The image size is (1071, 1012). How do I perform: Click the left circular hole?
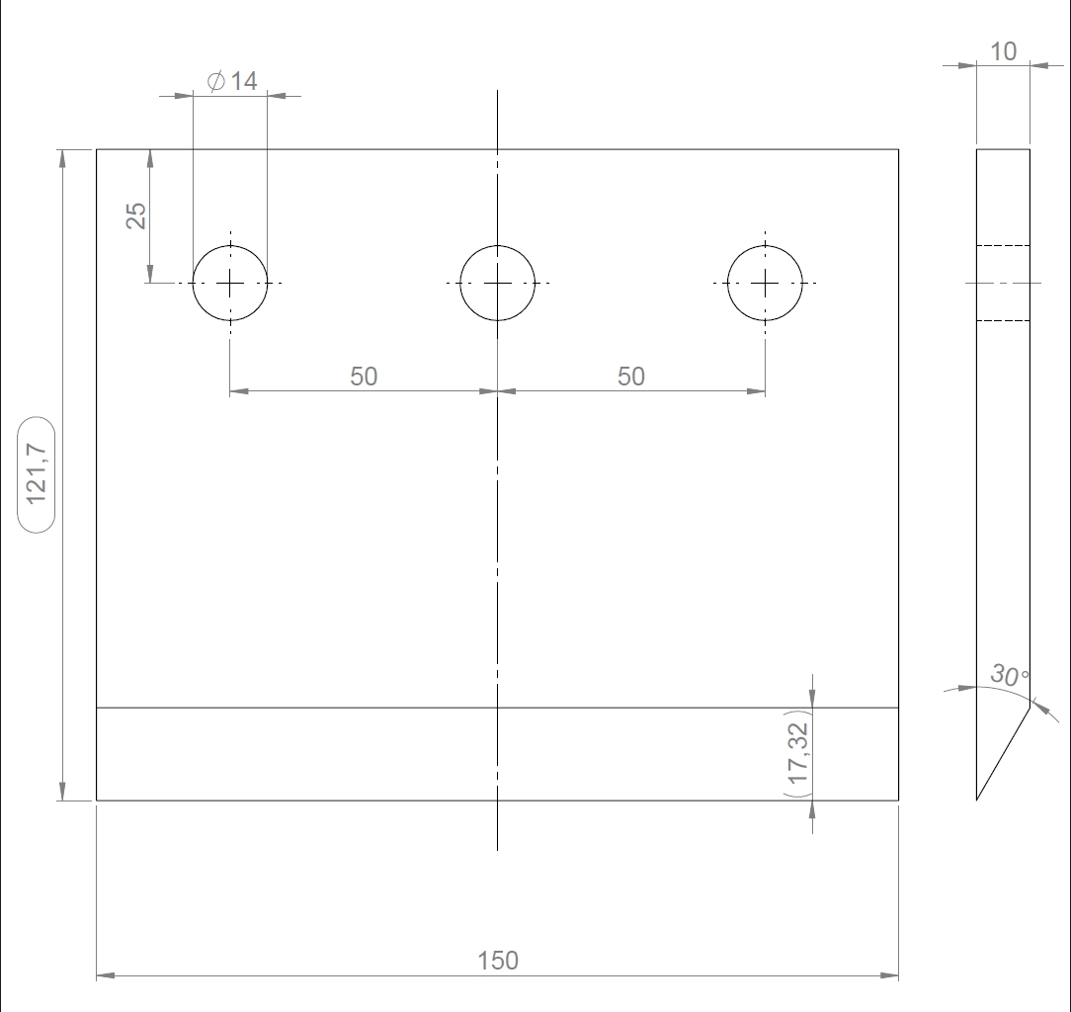[x=230, y=283]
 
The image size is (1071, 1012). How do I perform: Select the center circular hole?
[x=497, y=283]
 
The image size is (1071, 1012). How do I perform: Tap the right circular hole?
[x=765, y=283]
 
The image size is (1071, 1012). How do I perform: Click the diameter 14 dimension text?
[x=232, y=81]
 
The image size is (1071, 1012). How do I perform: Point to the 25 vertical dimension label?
[x=136, y=215]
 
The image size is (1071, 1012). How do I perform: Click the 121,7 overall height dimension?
[x=37, y=473]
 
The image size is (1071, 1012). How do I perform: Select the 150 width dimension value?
[x=497, y=961]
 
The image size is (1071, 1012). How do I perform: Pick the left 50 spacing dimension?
[x=364, y=377]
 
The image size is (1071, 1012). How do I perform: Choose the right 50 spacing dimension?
[x=631, y=377]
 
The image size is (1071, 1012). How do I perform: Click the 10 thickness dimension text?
[x=1004, y=51]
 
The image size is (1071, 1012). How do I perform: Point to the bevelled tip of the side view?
[x=977, y=800]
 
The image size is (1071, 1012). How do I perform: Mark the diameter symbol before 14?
[x=215, y=81]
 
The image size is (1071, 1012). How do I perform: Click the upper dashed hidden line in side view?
[x=1003, y=245]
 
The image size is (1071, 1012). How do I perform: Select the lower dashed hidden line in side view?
[x=1003, y=320]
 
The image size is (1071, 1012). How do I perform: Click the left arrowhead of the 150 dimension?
[x=105, y=975]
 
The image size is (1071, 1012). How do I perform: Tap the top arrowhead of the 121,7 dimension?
[x=63, y=158]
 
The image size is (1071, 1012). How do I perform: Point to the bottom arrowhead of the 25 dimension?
[x=149, y=274]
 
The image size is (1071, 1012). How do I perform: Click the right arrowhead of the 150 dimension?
[x=889, y=975]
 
